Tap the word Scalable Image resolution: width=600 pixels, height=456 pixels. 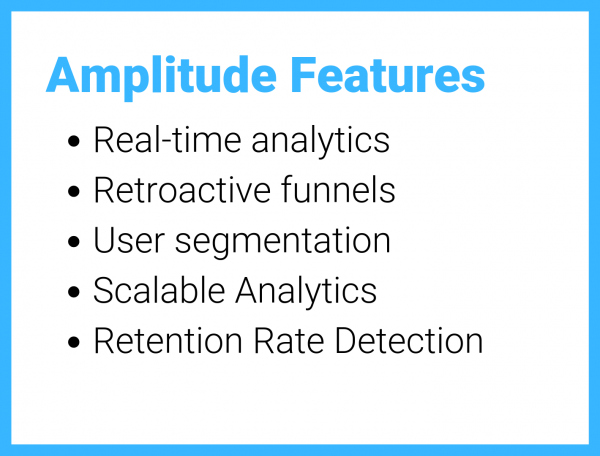(x=160, y=291)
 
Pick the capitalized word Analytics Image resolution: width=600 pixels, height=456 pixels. (x=306, y=291)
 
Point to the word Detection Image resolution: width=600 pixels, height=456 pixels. (x=409, y=341)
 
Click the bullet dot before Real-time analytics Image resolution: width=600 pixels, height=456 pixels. (x=74, y=141)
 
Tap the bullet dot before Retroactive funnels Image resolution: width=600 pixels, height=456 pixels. (x=74, y=191)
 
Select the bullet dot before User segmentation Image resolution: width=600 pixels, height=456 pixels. (x=74, y=242)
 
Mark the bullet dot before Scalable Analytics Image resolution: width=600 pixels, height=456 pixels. (x=74, y=292)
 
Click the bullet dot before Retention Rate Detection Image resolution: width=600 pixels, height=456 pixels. (x=74, y=342)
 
